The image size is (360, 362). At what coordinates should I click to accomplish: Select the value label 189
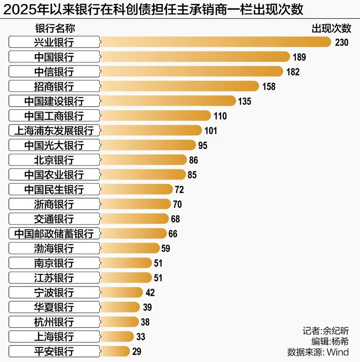click(299, 57)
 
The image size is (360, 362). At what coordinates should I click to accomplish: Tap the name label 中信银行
click(54, 72)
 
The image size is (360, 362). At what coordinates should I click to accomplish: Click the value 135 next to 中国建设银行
click(244, 101)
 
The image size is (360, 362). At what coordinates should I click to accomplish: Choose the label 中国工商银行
click(54, 116)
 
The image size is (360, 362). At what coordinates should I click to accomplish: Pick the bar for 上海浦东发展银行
click(151, 131)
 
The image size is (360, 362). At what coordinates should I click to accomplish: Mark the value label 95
click(203, 145)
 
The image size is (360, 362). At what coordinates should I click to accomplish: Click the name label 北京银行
click(54, 160)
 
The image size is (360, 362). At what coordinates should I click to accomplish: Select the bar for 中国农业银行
click(143, 175)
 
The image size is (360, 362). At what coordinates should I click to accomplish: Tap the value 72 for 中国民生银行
click(179, 189)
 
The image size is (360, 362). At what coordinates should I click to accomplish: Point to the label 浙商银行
click(54, 204)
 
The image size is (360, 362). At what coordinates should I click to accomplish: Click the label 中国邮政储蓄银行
click(54, 234)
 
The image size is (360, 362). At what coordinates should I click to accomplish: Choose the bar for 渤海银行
click(130, 248)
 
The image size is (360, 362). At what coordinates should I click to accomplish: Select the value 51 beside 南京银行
click(158, 263)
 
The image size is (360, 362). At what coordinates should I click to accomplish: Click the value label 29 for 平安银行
click(136, 352)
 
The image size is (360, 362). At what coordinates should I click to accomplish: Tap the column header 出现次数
click(331, 28)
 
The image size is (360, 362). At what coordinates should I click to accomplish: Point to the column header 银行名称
click(55, 28)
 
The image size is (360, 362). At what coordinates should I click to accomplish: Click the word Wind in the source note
click(338, 352)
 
